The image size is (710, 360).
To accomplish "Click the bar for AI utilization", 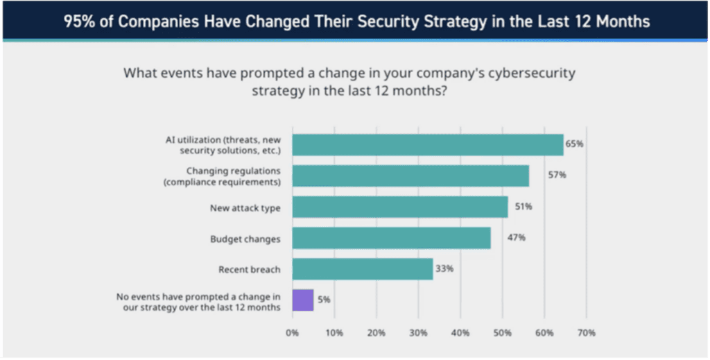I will pyautogui.click(x=428, y=144).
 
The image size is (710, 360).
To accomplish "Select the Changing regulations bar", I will pyautogui.click(x=410, y=175).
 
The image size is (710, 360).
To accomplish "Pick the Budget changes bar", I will pyautogui.click(x=391, y=238).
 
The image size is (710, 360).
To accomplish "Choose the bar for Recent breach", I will pyautogui.click(x=362, y=269).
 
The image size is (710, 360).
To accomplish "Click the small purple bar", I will pyautogui.click(x=303, y=300).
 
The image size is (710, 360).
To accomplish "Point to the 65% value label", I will pyautogui.click(x=575, y=144).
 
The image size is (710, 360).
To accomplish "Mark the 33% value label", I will pyautogui.click(x=444, y=269).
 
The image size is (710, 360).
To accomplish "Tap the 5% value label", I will pyautogui.click(x=324, y=300).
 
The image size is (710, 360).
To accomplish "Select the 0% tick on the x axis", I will pyautogui.click(x=292, y=333).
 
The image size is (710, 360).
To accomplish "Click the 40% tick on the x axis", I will pyautogui.click(x=460, y=333).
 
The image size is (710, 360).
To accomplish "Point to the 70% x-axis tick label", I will pyautogui.click(x=586, y=333).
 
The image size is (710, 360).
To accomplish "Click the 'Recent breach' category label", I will pyautogui.click(x=249, y=270).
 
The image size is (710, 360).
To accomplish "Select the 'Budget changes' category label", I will pyautogui.click(x=245, y=239).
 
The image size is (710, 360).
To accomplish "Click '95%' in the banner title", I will pyautogui.click(x=80, y=21).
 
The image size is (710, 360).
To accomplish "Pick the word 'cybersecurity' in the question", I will pyautogui.click(x=530, y=74).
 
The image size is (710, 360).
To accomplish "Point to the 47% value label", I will pyautogui.click(x=517, y=238).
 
